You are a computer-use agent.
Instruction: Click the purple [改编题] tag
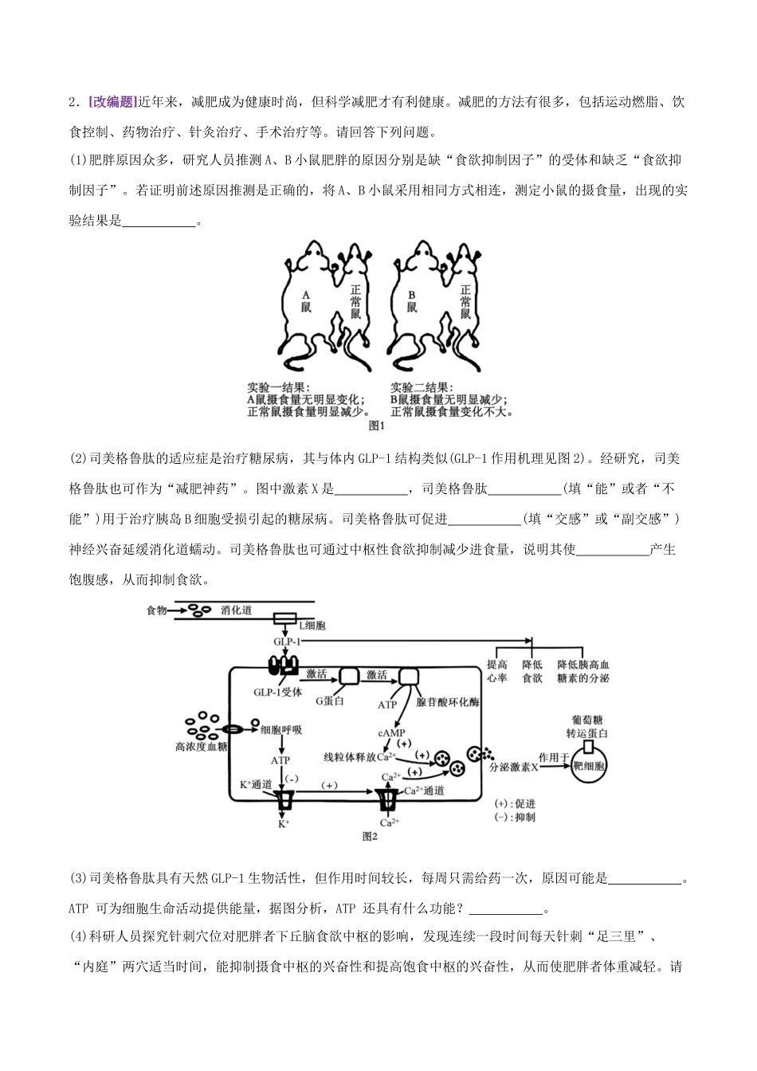pos(113,102)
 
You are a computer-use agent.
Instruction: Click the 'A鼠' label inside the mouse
pos(306,302)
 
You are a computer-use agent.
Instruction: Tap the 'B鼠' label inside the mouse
pos(412,302)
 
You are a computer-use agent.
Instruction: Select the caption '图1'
pos(377,426)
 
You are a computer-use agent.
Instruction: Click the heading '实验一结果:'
pos(278,387)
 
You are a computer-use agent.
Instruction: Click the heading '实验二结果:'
pos(422,387)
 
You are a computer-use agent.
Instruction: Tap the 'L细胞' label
pos(312,626)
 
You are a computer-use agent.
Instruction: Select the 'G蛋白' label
pos(329,701)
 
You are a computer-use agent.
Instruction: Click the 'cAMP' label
pos(391,733)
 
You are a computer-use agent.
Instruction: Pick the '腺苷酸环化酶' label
pos(447,701)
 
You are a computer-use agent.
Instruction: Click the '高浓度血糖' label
pos(202,747)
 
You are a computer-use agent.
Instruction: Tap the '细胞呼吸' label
pos(281,730)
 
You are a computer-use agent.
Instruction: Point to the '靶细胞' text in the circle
pos(589,766)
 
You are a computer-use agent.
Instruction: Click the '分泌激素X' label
pos(514,767)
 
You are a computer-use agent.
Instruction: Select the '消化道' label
pos(236,610)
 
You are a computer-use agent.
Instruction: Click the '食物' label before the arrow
pos(156,610)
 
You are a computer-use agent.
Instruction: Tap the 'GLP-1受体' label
pos(278,692)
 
